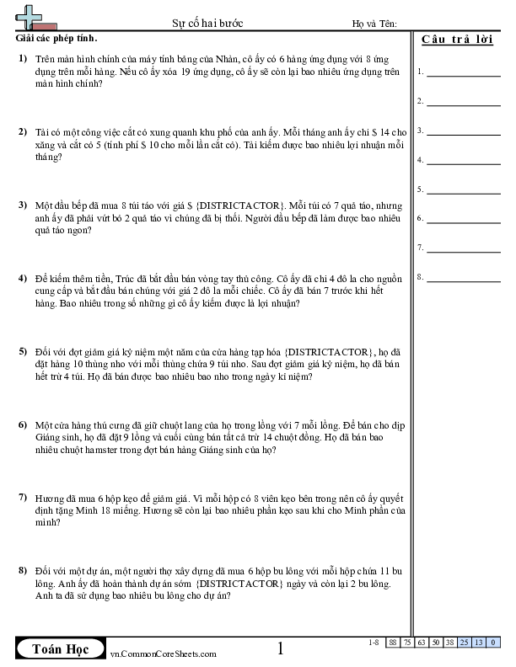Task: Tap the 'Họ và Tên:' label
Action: [374, 24]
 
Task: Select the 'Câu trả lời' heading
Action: [457, 41]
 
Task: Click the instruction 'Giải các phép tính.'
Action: [56, 39]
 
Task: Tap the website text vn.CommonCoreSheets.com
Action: [164, 654]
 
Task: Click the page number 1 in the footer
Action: [281, 648]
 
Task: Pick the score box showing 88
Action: [394, 643]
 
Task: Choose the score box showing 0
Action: [492, 643]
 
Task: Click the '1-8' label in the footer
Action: [374, 643]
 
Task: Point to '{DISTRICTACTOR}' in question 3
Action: [242, 205]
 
